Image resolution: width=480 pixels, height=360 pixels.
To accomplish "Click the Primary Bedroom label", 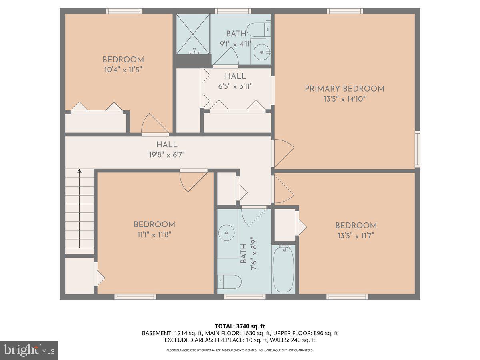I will pos(344,89).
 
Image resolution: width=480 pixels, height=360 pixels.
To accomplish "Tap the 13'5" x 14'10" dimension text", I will pos(344,98).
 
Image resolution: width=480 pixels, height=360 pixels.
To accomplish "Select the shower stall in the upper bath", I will pos(193,34).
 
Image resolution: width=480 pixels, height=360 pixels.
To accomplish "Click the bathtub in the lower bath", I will pos(284,269).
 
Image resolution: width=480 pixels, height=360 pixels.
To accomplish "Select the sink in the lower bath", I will pos(226,232).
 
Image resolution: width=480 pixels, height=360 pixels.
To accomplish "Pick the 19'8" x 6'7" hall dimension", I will pos(167,154).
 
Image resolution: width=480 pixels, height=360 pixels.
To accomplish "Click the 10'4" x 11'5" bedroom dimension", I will pos(122,69).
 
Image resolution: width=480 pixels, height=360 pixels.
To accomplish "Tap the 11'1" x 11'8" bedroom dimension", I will pos(154,234).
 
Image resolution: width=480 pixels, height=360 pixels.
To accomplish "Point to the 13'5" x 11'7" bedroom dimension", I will pos(356,235).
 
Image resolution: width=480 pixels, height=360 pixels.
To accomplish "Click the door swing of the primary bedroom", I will pos(283,153).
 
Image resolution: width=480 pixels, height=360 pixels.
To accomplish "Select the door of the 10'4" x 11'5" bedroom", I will pos(155,124).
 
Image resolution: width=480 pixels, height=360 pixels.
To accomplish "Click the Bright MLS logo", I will pos(29,350).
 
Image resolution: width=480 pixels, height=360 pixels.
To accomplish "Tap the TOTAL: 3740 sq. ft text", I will pos(240,326).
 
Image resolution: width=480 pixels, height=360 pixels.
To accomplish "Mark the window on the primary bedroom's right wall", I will pos(418,149).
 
